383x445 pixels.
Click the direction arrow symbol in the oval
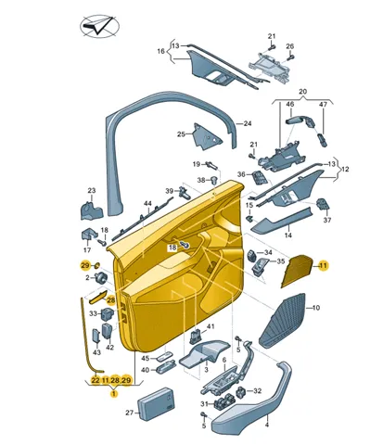(99, 26)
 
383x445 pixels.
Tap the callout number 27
(130, 413)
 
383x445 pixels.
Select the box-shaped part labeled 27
(155, 404)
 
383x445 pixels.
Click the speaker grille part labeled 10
(282, 321)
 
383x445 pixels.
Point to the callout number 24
(248, 123)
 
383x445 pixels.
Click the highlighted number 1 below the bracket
(114, 394)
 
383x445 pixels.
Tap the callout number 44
(148, 204)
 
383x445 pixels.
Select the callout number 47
(323, 105)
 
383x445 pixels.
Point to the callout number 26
(289, 46)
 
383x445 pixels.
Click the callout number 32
(258, 391)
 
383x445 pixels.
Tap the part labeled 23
(92, 210)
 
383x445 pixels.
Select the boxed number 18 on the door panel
(172, 248)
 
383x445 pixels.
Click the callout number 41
(211, 326)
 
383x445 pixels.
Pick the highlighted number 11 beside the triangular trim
(324, 265)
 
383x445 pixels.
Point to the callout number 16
(161, 51)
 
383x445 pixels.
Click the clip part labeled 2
(101, 278)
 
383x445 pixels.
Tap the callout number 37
(327, 220)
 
